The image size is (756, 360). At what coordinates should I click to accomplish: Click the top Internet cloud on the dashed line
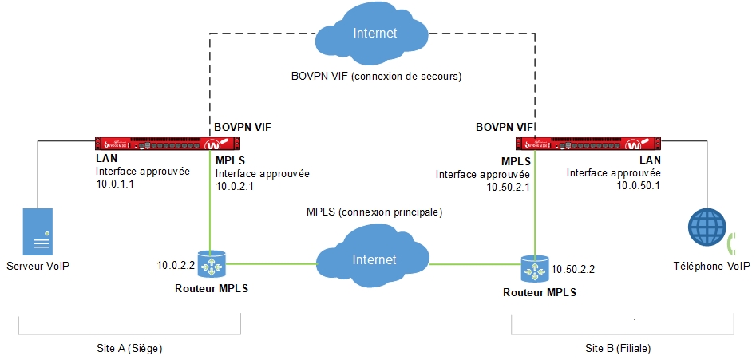tap(369, 33)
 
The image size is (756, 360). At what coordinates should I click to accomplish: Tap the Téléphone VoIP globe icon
tap(709, 228)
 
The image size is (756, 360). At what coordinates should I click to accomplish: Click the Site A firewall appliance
tap(167, 144)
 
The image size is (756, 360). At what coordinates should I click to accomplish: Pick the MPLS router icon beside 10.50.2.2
tap(532, 270)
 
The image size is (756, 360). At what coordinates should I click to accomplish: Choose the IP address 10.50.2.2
tap(574, 271)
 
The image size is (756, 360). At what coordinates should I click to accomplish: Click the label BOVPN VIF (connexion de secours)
tap(377, 76)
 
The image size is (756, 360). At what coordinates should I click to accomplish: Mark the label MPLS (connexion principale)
tap(374, 212)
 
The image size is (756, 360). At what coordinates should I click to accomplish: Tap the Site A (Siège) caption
tap(129, 349)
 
